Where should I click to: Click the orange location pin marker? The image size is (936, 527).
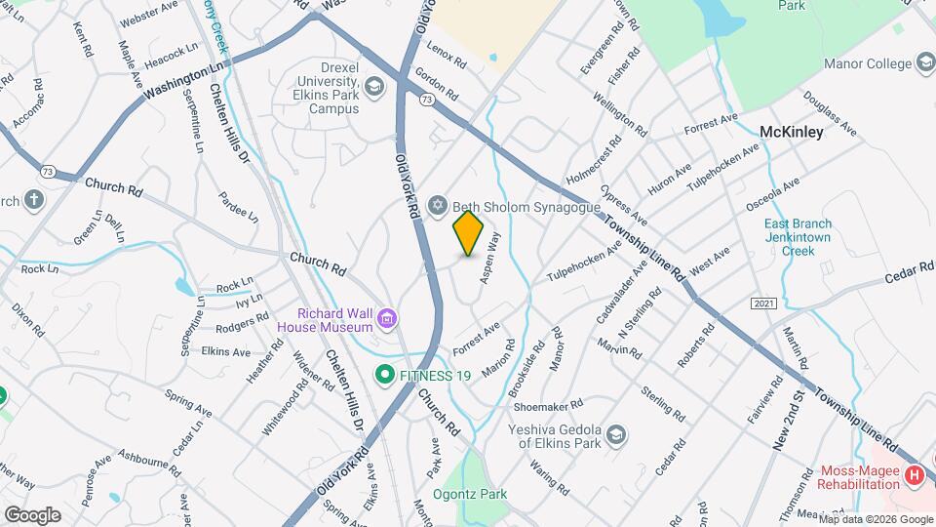pos(469,233)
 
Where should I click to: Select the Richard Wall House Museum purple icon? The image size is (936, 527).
pos(388,318)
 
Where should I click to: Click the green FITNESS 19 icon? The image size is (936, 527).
pos(385,374)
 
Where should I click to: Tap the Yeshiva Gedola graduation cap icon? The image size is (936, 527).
pos(615,434)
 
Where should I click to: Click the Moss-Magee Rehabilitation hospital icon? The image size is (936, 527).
pos(914,476)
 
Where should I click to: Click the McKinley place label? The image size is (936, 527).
pos(791,132)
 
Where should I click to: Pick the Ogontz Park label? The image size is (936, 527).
pos(470,494)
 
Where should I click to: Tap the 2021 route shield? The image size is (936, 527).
pos(763,304)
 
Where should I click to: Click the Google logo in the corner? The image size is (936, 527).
pos(31,514)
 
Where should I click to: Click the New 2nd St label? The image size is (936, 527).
pos(788,420)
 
